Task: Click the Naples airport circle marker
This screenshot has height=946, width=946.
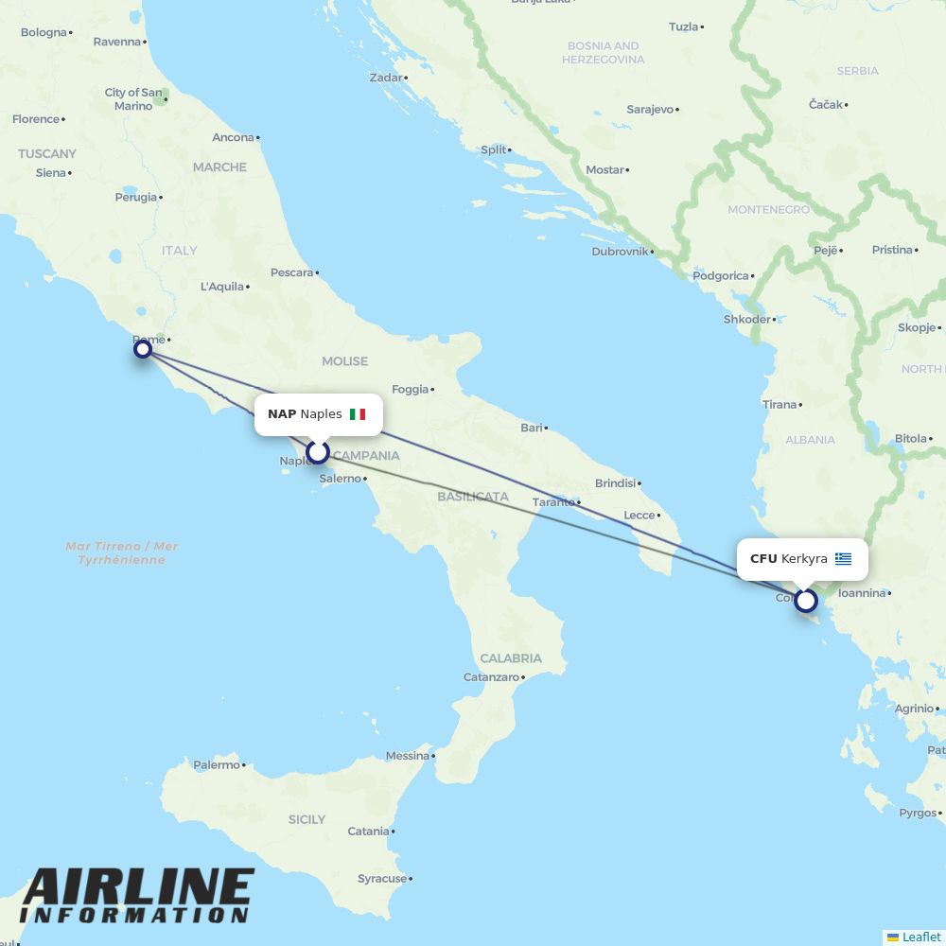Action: [x=318, y=452]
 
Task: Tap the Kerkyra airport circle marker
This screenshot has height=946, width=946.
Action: [x=806, y=601]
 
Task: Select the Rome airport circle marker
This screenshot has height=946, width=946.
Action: [x=143, y=349]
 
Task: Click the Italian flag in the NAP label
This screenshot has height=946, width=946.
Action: [x=358, y=414]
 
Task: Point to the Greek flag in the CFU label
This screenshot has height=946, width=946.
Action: [x=843, y=559]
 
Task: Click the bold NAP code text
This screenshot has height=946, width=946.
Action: [x=282, y=414]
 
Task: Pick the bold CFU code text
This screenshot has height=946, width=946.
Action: [x=763, y=559]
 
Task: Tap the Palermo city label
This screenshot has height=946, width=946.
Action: [x=217, y=764]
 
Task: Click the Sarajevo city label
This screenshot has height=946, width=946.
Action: [x=650, y=110]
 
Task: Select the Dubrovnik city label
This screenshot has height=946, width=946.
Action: [x=620, y=252]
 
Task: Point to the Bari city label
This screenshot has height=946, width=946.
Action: [x=532, y=428]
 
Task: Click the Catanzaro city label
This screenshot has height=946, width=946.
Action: [x=491, y=677]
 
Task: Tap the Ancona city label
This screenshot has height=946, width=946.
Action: [x=233, y=137]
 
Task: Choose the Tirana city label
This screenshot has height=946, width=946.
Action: [x=780, y=405]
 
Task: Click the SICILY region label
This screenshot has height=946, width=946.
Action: [x=307, y=819]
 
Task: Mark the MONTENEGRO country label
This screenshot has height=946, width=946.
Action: [x=768, y=209]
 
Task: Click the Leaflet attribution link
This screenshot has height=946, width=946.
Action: [x=920, y=937]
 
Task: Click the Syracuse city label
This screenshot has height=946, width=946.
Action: [x=382, y=879]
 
